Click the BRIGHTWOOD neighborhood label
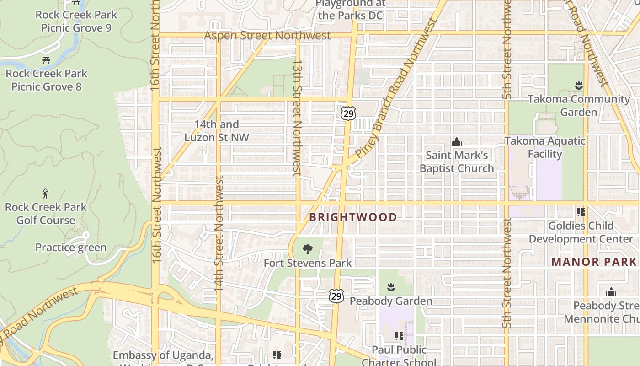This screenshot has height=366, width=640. pyautogui.click(x=353, y=217)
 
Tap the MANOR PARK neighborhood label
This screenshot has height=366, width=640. pyautogui.click(x=593, y=262)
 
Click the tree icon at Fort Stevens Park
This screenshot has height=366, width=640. pyautogui.click(x=308, y=249)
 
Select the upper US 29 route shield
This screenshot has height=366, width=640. pyautogui.click(x=348, y=113)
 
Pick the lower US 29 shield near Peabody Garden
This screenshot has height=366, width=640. pyautogui.click(x=336, y=296)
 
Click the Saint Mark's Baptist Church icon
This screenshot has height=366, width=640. pyautogui.click(x=456, y=142)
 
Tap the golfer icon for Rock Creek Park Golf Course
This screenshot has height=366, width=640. pyautogui.click(x=45, y=194)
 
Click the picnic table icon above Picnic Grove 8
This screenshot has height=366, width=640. pyautogui.click(x=46, y=60)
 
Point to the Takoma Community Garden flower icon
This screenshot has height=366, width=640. pyautogui.click(x=579, y=86)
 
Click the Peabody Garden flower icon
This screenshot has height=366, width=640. pyautogui.click(x=391, y=288)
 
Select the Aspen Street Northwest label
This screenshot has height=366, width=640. pyautogui.click(x=267, y=35)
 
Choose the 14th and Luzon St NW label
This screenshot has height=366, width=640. pyautogui.click(x=217, y=131)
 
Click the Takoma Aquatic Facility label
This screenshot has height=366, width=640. pyautogui.click(x=544, y=147)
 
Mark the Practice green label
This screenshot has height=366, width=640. pyautogui.click(x=71, y=248)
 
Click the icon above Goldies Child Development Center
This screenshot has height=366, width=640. pyautogui.click(x=581, y=212)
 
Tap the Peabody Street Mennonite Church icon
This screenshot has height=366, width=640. pyautogui.click(x=611, y=292)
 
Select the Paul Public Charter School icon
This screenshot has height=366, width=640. pyautogui.click(x=399, y=336)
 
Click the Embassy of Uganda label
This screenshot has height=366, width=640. pyautogui.click(x=163, y=355)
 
